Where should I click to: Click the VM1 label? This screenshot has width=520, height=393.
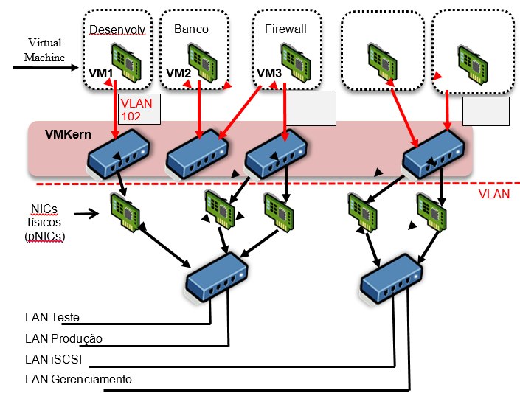tap(100, 73)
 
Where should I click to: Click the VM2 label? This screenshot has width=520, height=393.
tap(178, 73)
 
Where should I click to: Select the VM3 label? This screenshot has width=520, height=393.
tap(268, 73)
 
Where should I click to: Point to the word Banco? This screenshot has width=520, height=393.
tap(191, 29)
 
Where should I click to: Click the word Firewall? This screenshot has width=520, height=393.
tap(285, 29)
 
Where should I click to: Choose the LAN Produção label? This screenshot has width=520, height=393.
tap(63, 338)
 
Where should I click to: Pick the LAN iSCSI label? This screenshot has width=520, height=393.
tap(53, 359)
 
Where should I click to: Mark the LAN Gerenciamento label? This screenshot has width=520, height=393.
tap(78, 379)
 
